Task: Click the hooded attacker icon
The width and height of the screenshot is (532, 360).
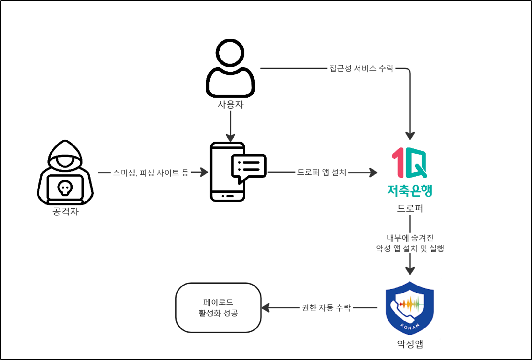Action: tap(65, 172)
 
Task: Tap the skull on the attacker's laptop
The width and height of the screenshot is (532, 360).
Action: tap(65, 188)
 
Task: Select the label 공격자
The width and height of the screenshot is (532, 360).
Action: tap(66, 212)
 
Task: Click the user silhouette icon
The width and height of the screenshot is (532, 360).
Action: tap(230, 68)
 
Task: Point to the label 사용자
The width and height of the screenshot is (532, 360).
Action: tap(230, 104)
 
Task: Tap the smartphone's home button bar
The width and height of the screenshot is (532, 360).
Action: tap(227, 196)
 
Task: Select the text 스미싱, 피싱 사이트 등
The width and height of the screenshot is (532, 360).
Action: tap(151, 173)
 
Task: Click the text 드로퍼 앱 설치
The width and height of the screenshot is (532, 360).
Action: tap(321, 173)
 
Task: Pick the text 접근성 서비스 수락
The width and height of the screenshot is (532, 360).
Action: tap(361, 68)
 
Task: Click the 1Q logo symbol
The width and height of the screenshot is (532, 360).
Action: tap(409, 162)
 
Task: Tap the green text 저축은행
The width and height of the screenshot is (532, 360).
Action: tap(410, 190)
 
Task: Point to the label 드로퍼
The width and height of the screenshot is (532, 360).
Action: tap(410, 208)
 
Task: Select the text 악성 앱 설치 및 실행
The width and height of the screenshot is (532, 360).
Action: tap(410, 249)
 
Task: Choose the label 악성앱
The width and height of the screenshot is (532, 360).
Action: tap(410, 344)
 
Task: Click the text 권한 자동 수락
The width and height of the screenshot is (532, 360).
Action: tap(326, 308)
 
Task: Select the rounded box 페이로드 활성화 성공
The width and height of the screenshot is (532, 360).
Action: tap(218, 308)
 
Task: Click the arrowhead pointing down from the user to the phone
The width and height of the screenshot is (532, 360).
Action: tap(230, 138)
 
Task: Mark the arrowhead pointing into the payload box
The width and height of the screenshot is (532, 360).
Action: tap(265, 308)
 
